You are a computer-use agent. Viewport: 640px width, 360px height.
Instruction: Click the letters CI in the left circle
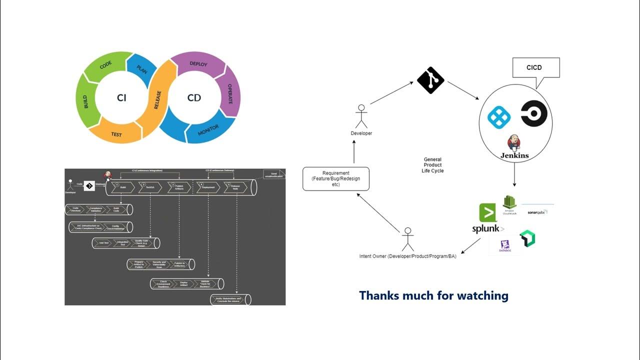121,98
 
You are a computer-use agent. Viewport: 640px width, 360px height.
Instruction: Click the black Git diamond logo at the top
430,79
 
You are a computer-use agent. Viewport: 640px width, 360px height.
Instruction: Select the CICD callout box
534,68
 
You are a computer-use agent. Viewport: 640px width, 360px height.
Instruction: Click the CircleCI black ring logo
533,114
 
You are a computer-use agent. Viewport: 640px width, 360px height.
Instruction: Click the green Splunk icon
487,213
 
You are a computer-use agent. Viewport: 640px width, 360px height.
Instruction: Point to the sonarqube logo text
537,212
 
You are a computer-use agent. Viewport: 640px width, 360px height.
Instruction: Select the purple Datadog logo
504,246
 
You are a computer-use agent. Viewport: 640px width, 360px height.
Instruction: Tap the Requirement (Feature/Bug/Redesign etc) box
335,178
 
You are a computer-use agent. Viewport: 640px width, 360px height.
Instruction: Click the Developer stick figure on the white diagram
360,116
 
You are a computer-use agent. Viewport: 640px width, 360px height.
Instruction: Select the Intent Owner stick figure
408,239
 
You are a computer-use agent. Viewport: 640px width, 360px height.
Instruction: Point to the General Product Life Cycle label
432,165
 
